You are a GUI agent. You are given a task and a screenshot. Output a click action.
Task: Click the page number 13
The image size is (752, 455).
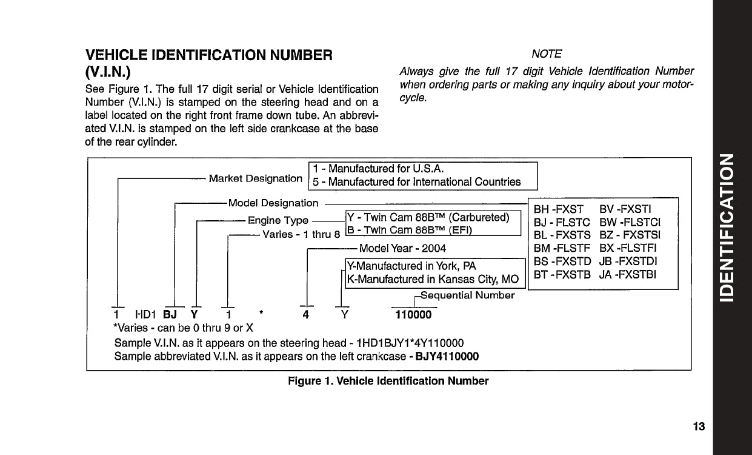point(699,426)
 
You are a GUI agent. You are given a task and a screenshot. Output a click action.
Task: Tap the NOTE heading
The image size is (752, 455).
point(546,54)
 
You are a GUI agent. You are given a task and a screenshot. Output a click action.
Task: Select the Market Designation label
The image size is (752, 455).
point(255,178)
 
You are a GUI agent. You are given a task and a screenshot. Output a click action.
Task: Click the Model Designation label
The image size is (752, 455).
point(273,203)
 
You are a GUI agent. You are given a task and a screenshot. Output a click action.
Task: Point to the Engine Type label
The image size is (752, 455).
point(278,220)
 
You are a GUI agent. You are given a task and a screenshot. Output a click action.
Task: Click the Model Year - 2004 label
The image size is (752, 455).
point(402,248)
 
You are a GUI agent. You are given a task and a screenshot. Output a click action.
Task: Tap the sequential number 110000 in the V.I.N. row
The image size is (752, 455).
point(413,315)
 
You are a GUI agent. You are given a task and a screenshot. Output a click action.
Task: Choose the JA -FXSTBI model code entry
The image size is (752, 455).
point(628,275)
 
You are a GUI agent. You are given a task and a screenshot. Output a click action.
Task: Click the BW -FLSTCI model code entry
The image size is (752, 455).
point(630,222)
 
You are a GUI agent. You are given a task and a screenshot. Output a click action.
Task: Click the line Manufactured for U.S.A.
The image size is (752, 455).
point(382,169)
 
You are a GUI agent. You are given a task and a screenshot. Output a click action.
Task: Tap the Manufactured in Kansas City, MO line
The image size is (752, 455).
point(433,280)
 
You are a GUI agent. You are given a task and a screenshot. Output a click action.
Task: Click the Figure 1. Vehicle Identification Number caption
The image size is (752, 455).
point(388,381)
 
